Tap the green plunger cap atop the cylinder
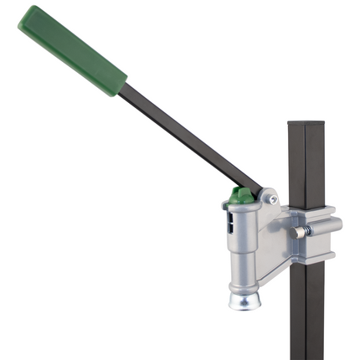pyautogui.click(x=242, y=196)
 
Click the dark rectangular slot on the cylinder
pyautogui.click(x=229, y=222)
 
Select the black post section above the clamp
pyautogui.click(x=306, y=167)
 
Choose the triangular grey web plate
pyautogui.click(x=275, y=251)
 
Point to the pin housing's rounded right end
pyautogui.click(x=337, y=224)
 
